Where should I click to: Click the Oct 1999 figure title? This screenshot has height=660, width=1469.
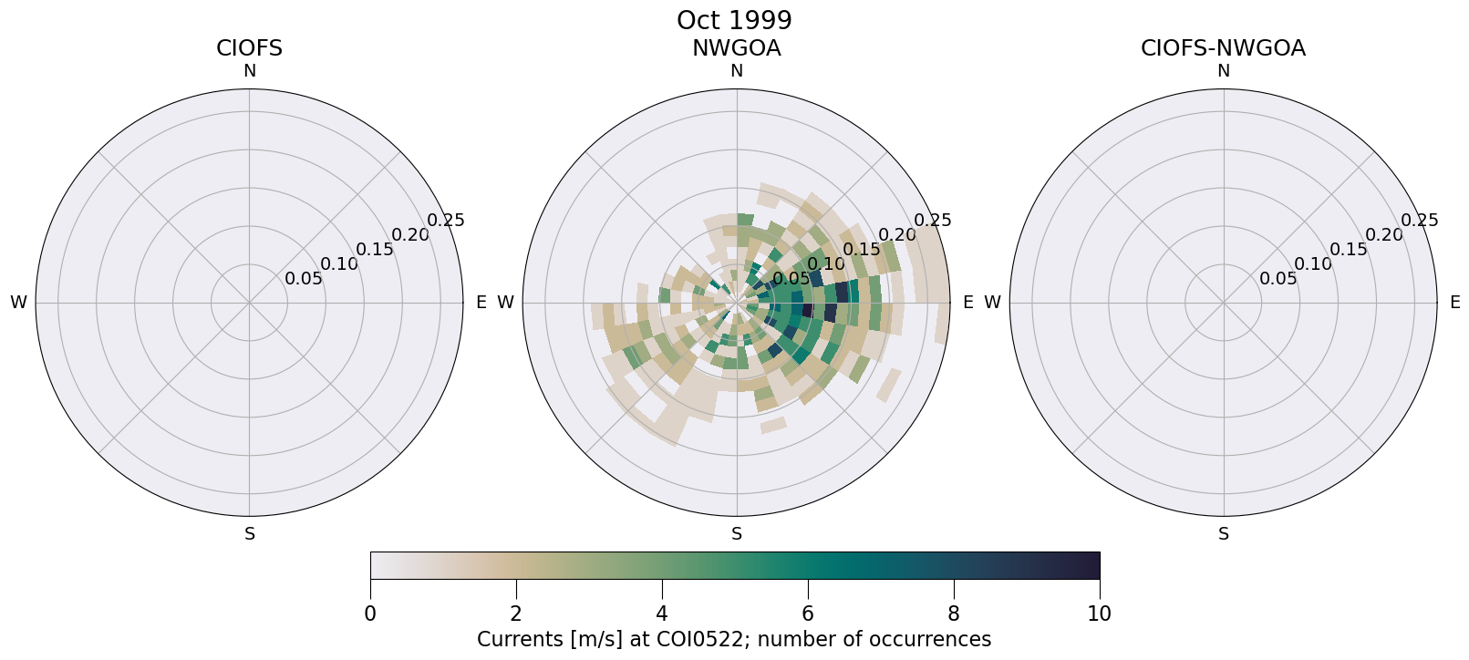734,20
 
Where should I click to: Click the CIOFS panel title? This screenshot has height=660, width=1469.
249,48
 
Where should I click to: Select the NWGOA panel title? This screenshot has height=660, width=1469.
736,48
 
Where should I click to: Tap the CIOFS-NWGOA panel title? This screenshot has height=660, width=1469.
1223,48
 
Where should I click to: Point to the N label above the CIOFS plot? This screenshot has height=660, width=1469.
249,71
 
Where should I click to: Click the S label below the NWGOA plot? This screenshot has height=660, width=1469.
737,534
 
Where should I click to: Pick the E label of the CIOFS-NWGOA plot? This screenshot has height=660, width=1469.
1455,302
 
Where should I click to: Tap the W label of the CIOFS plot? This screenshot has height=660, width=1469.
18,303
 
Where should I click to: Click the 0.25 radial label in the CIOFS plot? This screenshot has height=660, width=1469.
446,220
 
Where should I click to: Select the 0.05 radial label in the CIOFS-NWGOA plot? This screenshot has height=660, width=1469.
1278,278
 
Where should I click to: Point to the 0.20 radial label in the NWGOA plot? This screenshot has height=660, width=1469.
897,234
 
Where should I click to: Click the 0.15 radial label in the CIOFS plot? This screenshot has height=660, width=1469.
375,249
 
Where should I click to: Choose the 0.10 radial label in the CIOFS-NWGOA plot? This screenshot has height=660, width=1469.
1313,263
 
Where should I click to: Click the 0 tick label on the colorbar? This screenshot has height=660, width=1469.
370,614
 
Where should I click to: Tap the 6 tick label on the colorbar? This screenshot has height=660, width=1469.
808,614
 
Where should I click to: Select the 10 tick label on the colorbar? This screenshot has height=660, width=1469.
1100,614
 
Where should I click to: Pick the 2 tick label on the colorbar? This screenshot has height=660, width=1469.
516,614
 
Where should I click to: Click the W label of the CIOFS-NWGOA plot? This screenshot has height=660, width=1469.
992,303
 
